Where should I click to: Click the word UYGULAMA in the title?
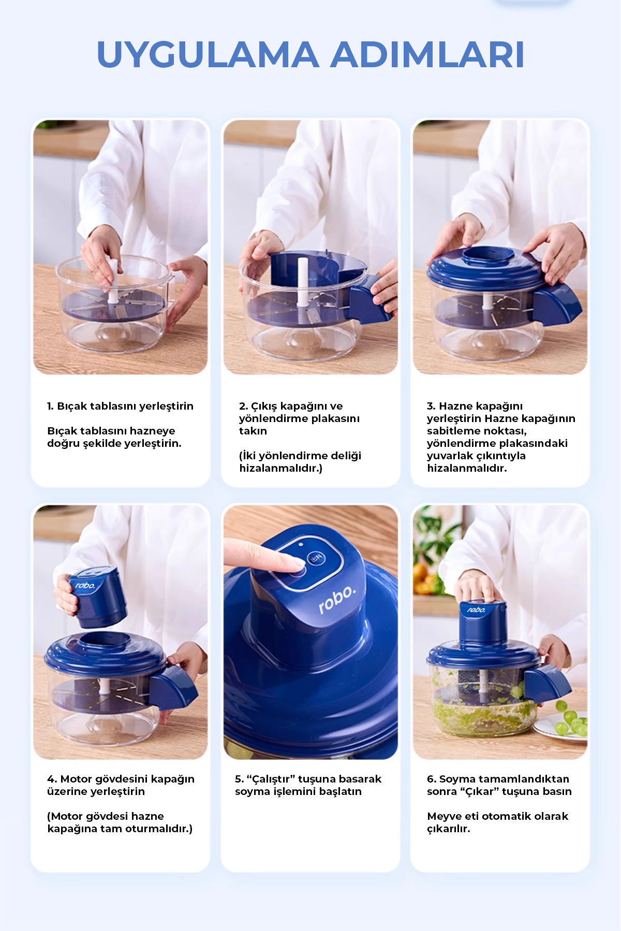click(x=208, y=54)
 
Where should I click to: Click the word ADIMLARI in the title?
click(x=428, y=54)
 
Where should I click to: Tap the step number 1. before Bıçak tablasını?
click(x=50, y=406)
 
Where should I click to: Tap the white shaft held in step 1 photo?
click(x=112, y=279)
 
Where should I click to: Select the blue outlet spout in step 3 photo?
click(x=557, y=305)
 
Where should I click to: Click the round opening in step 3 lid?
click(x=488, y=256)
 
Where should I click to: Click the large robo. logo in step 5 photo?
click(x=337, y=600)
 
